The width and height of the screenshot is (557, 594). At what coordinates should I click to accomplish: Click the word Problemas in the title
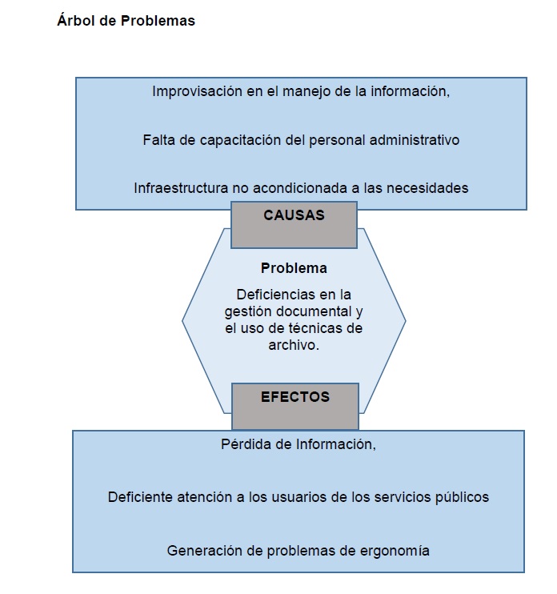point(158,21)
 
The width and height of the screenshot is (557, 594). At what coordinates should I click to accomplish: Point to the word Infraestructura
point(181,188)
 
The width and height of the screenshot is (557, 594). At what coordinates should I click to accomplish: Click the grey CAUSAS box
point(294,225)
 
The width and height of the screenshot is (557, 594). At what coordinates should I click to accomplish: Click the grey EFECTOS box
point(295,407)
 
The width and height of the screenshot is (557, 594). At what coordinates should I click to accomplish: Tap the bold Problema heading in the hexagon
point(294,268)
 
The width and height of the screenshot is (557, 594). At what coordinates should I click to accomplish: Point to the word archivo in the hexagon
point(291,345)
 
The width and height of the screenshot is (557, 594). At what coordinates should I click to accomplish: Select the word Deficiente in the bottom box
point(140,497)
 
